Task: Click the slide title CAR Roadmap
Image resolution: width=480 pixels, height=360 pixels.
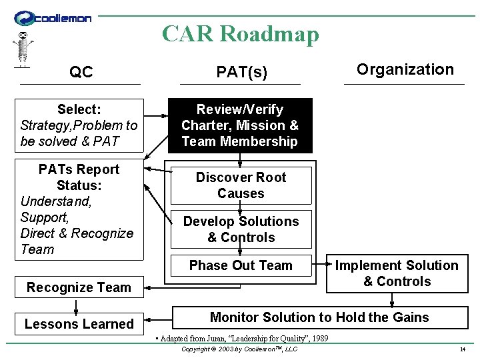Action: tap(240, 33)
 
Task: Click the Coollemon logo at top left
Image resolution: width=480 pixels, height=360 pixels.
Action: tap(53, 18)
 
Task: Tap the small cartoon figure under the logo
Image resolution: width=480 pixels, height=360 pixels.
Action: tap(23, 49)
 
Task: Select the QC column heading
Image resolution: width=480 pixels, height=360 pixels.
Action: tap(81, 72)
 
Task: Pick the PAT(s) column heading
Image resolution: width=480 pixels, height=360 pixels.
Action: tap(241, 72)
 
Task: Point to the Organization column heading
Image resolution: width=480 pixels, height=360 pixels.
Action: tap(405, 69)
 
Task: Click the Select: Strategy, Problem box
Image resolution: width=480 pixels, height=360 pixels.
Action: tap(79, 125)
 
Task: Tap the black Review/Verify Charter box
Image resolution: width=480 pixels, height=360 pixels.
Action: tap(240, 125)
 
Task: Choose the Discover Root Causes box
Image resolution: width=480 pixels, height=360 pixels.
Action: tap(241, 185)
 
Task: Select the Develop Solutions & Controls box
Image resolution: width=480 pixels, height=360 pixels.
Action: tap(241, 229)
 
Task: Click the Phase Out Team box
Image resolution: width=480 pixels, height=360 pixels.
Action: tap(241, 265)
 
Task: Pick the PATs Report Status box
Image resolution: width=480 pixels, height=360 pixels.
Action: tap(79, 209)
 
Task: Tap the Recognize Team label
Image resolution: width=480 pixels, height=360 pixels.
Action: tap(79, 287)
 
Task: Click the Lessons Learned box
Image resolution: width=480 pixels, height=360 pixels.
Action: tap(79, 324)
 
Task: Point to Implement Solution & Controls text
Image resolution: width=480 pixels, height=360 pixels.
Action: tap(397, 273)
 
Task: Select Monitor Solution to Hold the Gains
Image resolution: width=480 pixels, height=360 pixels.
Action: tap(319, 317)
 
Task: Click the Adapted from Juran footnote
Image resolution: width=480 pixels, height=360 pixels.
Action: tap(241, 339)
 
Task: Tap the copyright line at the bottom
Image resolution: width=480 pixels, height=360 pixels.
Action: tap(239, 349)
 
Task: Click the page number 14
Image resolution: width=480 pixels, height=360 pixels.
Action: tap(462, 349)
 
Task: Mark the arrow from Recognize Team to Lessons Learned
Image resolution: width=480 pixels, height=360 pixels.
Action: tap(77, 305)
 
